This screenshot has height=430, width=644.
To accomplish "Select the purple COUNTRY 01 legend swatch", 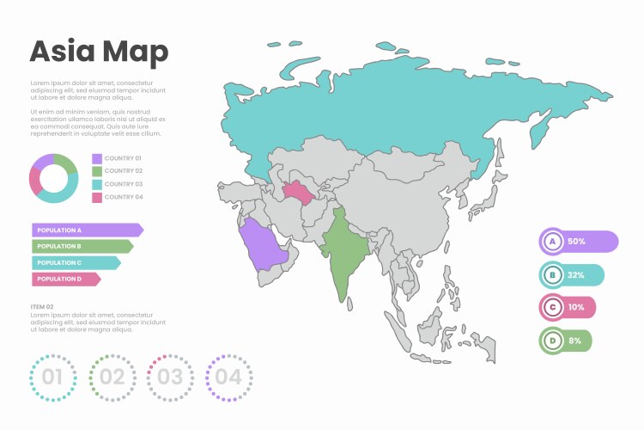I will (x=97, y=159).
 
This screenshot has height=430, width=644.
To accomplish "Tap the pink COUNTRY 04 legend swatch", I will (x=97, y=197).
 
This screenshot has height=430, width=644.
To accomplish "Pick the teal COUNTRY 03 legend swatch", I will (x=97, y=184).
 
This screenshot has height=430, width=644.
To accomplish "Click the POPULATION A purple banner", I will (x=87, y=230).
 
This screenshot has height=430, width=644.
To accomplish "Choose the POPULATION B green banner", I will (x=82, y=246).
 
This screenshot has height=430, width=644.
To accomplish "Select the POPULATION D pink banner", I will (x=65, y=279).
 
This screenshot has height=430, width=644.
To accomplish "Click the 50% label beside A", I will (x=576, y=242).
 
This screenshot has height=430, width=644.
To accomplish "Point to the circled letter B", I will (x=553, y=275).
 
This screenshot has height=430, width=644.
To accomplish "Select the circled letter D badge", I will (x=552, y=341).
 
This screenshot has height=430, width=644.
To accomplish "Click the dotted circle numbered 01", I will (x=52, y=377).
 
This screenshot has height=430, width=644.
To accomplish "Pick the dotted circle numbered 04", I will (x=228, y=377).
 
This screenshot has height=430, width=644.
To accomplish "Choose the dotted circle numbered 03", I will (x=170, y=377).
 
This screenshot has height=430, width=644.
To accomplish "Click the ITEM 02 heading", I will (x=42, y=306).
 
